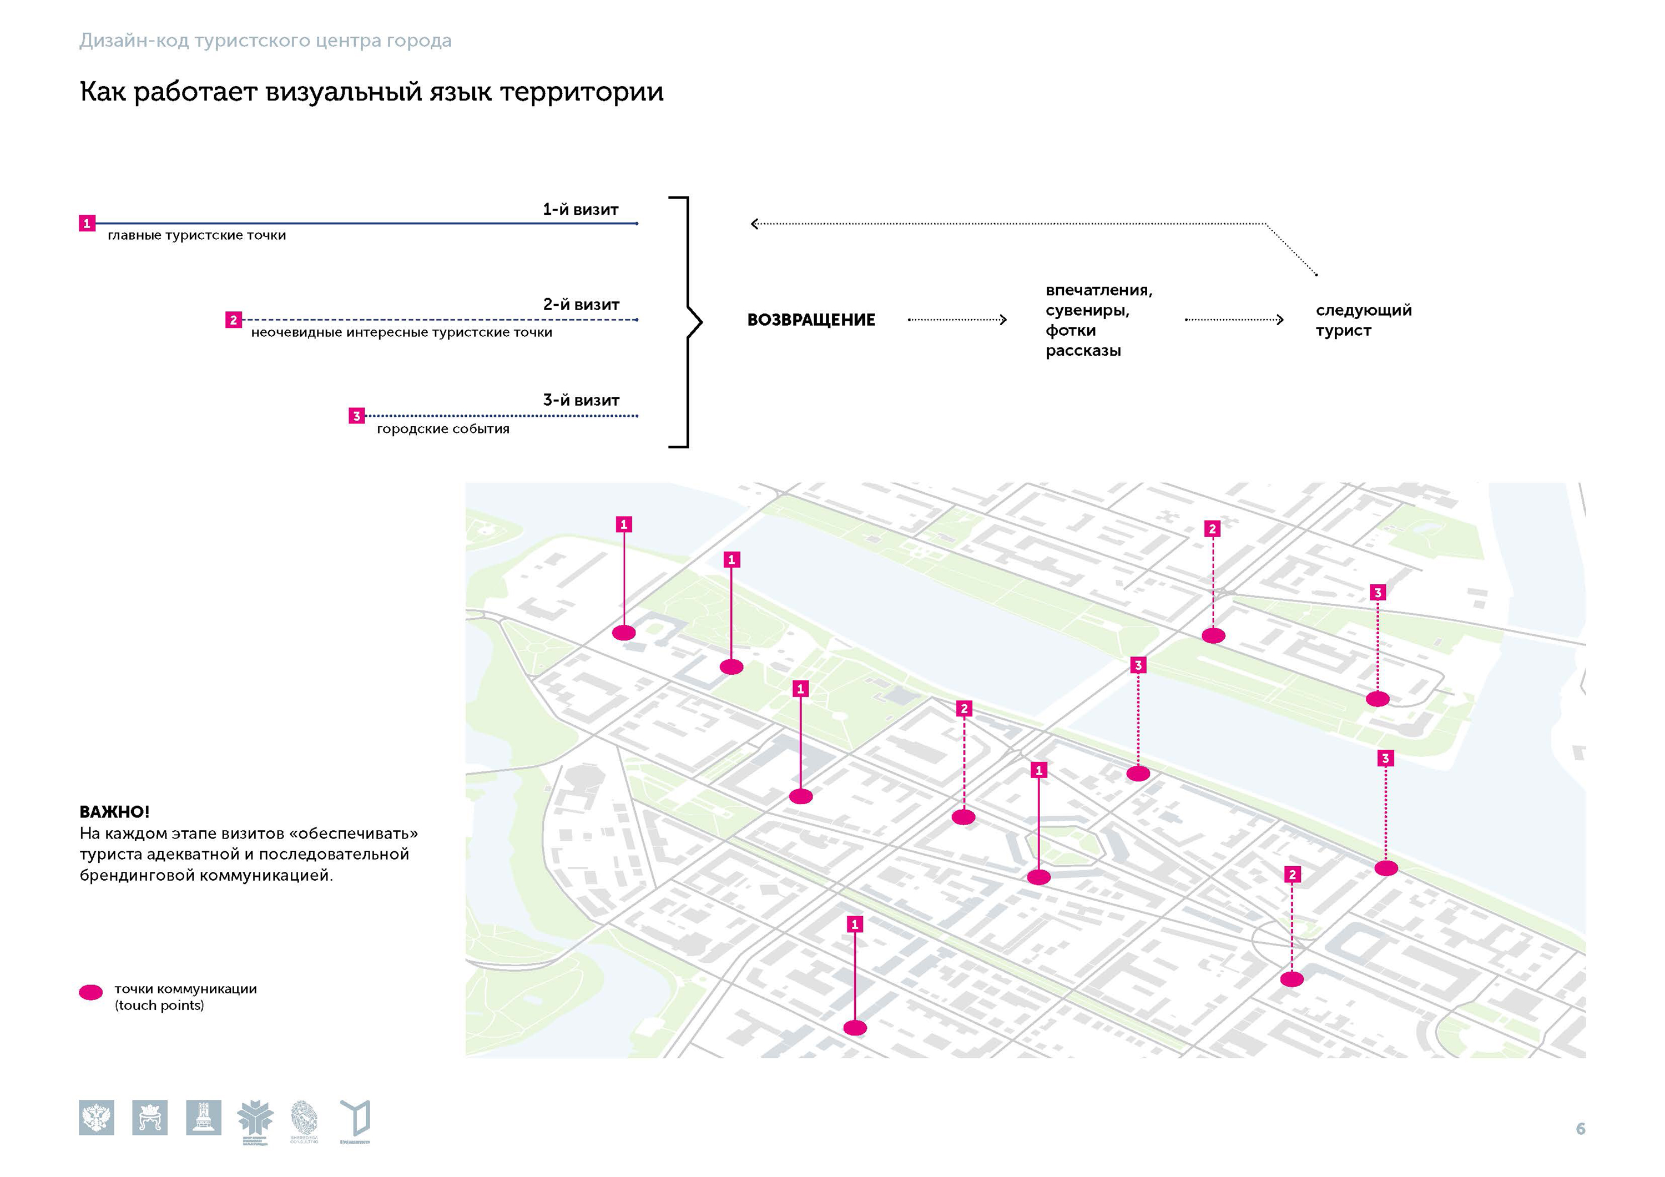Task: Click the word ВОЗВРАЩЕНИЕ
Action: pyautogui.click(x=811, y=320)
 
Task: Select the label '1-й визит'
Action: pyautogui.click(x=580, y=210)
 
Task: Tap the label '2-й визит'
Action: pyautogui.click(x=581, y=305)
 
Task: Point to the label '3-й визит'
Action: pyautogui.click(x=581, y=400)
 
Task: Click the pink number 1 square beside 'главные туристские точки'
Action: pyautogui.click(x=87, y=224)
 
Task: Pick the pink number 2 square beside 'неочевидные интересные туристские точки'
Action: pyautogui.click(x=234, y=320)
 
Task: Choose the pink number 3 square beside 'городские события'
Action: pyautogui.click(x=356, y=416)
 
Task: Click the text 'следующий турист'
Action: pyautogui.click(x=1363, y=320)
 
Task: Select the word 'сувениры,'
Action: pyautogui.click(x=1087, y=310)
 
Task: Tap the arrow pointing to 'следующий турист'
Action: pyautogui.click(x=1234, y=320)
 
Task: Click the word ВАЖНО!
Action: pyautogui.click(x=114, y=811)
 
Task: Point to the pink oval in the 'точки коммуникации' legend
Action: pyautogui.click(x=90, y=993)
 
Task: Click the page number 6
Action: pyautogui.click(x=1580, y=1129)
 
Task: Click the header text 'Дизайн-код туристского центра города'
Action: pyautogui.click(x=265, y=41)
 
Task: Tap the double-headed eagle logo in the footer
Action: pyautogui.click(x=97, y=1118)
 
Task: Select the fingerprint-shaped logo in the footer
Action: pyautogui.click(x=304, y=1118)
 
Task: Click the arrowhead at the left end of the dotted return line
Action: pyautogui.click(x=754, y=224)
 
